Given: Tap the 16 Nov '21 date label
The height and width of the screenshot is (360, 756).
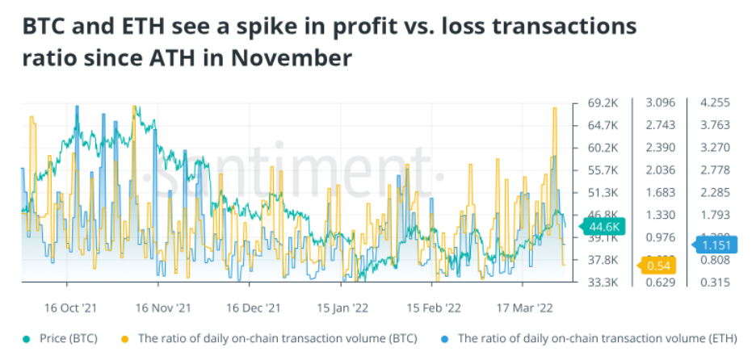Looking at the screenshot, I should (x=163, y=308).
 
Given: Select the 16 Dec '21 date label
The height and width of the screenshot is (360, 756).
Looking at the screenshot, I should (x=253, y=308).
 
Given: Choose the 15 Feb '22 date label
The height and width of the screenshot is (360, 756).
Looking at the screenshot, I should (x=434, y=308).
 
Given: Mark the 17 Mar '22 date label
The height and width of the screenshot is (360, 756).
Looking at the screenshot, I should (x=524, y=308).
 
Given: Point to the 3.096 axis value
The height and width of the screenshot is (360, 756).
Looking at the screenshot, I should (x=661, y=103).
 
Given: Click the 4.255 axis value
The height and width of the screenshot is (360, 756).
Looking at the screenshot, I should (x=716, y=103).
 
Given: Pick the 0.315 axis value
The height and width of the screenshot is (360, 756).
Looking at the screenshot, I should (x=716, y=283).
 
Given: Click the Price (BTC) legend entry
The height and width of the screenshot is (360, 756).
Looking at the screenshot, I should (x=67, y=338).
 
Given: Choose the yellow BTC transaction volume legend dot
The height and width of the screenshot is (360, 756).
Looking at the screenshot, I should (x=124, y=338).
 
